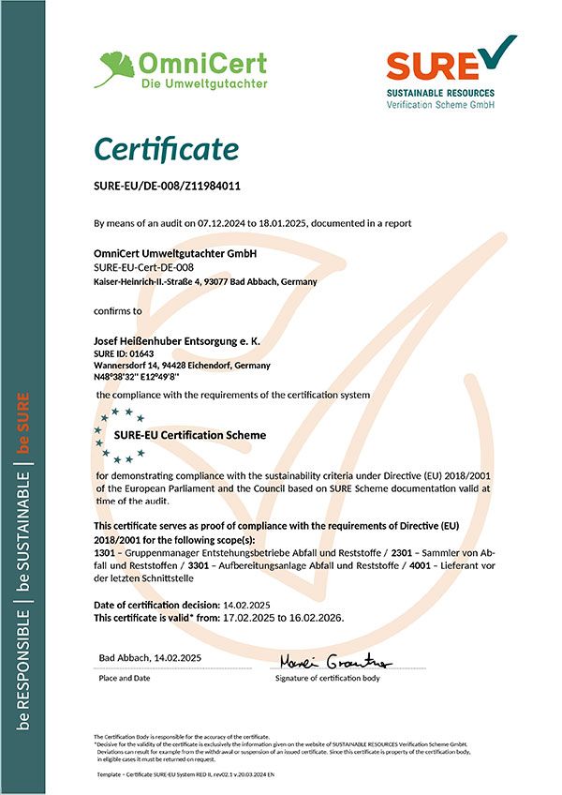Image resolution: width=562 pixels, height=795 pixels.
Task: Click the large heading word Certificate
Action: click(x=166, y=149)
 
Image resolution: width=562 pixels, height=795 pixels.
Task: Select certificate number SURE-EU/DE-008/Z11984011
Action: click(x=168, y=186)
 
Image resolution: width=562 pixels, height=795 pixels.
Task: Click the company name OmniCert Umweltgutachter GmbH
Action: click(x=175, y=253)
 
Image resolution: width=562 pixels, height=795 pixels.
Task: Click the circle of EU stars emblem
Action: click(x=115, y=434)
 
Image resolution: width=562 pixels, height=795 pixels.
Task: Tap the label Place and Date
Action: click(x=125, y=677)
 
